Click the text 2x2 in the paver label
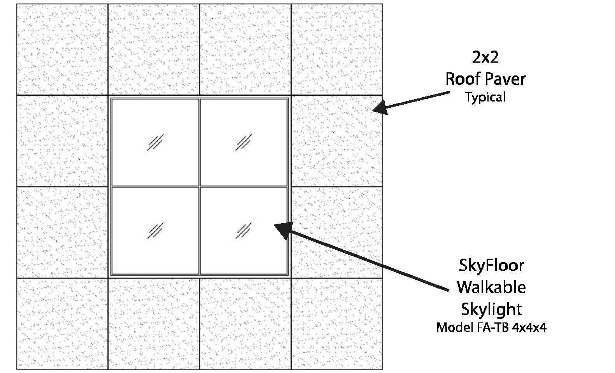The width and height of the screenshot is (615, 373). pyautogui.click(x=485, y=57)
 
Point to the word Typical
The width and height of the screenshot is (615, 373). pyautogui.click(x=485, y=97)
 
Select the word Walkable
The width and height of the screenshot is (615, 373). pyautogui.click(x=491, y=287)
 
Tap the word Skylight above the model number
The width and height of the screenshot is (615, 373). pyautogui.click(x=491, y=309)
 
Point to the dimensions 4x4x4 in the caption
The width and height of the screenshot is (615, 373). pyautogui.click(x=529, y=327)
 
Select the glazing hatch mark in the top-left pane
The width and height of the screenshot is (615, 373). pyautogui.click(x=155, y=142)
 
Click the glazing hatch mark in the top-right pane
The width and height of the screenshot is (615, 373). pyautogui.click(x=244, y=142)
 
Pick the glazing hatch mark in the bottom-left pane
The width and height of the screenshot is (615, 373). pyautogui.click(x=155, y=231)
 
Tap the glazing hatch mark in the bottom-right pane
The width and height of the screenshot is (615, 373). pyautogui.click(x=244, y=231)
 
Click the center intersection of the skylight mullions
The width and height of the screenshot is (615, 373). pyautogui.click(x=200, y=187)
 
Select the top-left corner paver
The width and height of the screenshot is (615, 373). pyautogui.click(x=62, y=49)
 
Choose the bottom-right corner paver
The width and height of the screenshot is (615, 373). pyautogui.click(x=337, y=323)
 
